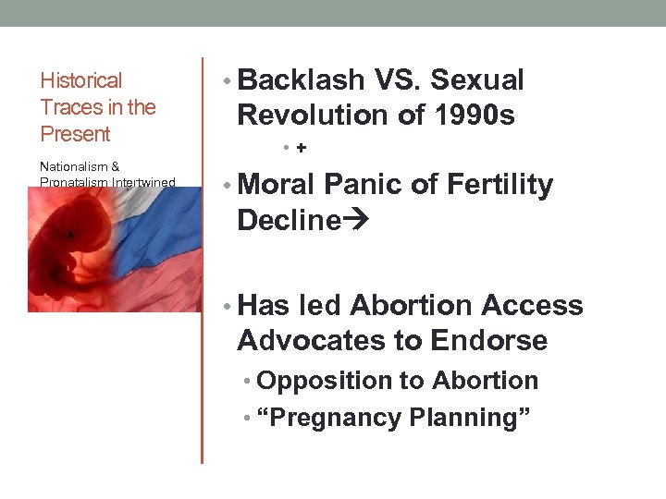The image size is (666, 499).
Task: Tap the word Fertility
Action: point(499,186)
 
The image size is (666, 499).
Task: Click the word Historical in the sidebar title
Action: point(81,81)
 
